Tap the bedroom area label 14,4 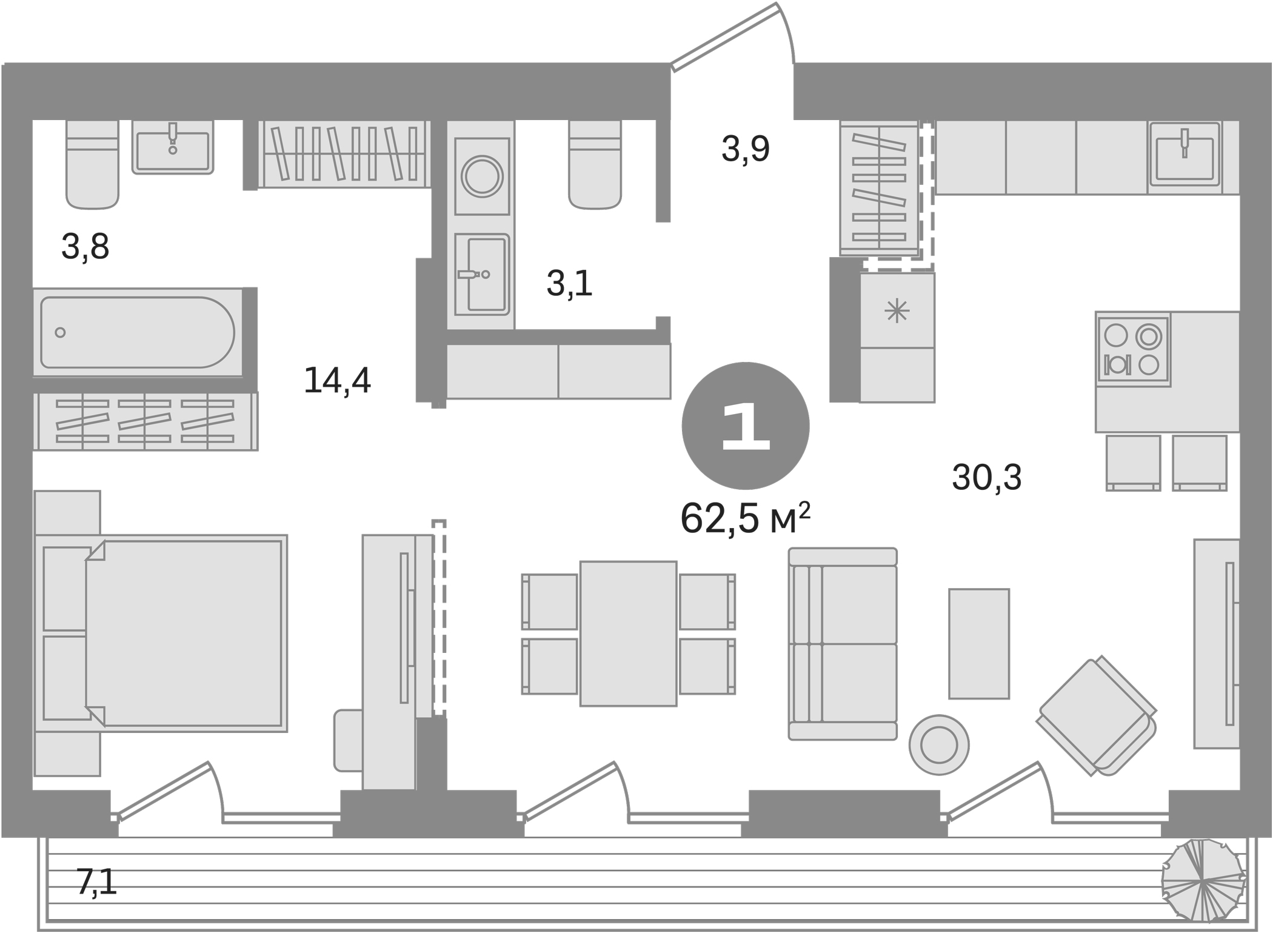coord(337,381)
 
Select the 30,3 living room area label coord(986,477)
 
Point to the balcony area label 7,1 coord(96,882)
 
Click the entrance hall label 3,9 coord(746,149)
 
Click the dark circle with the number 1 coord(745,426)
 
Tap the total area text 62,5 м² coord(745,519)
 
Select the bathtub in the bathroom coord(137,332)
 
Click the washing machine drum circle coord(482,176)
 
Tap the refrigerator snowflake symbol coord(897,312)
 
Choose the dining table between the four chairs coord(628,634)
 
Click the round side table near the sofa coord(938,745)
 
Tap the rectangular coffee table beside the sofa coord(978,644)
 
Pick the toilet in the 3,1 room coord(595,164)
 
